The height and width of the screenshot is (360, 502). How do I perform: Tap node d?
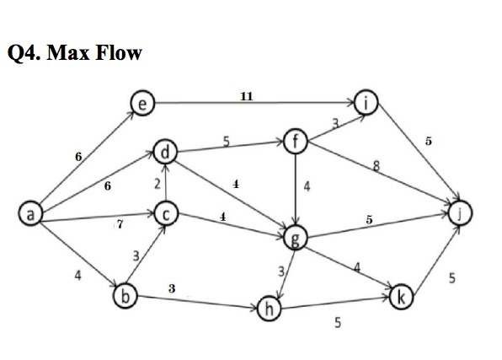click(x=165, y=153)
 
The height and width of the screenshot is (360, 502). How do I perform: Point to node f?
click(x=294, y=141)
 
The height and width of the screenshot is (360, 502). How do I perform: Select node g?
click(x=294, y=239)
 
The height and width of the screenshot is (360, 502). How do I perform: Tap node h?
click(x=269, y=309)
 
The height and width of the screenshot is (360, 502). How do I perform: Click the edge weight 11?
click(x=246, y=97)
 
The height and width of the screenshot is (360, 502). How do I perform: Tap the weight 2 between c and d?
click(x=157, y=184)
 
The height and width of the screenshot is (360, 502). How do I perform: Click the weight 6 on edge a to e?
click(x=79, y=156)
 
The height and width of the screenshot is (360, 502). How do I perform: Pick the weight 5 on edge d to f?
click(x=227, y=141)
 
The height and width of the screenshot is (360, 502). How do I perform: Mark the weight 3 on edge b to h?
click(x=172, y=288)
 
